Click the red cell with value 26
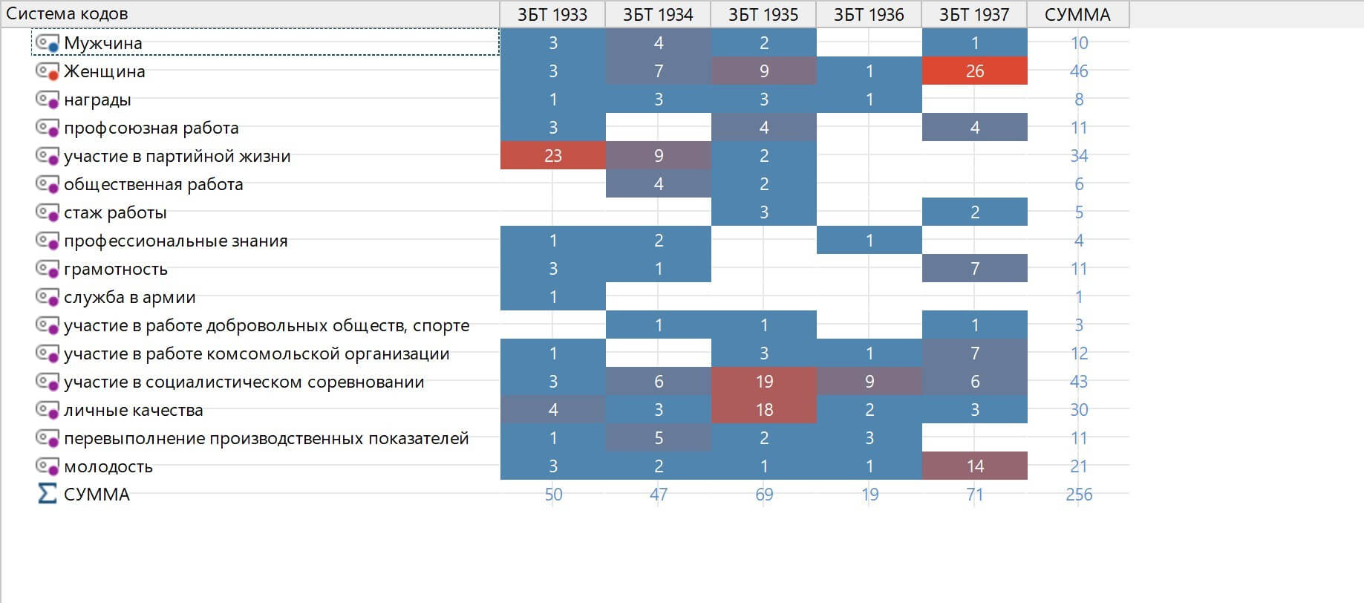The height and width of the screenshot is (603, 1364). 974,71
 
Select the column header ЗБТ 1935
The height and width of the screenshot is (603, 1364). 763,15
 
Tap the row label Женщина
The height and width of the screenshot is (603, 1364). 104,71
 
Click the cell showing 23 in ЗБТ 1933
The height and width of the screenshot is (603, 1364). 552,156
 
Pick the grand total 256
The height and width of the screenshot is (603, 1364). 1078,495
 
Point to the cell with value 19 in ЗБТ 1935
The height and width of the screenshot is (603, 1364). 763,382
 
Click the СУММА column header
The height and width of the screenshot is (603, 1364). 1077,15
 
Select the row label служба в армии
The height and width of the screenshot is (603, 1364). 129,297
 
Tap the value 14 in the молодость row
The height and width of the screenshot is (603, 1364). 974,466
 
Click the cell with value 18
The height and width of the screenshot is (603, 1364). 763,410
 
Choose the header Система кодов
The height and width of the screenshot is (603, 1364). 67,14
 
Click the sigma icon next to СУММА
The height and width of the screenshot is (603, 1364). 47,494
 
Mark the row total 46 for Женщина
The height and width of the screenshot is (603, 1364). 1078,71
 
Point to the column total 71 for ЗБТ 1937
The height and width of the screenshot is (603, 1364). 974,495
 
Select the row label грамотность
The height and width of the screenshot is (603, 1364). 115,269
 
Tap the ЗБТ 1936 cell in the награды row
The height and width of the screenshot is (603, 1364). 869,100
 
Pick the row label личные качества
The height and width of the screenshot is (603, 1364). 133,410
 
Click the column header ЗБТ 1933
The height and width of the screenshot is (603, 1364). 552,15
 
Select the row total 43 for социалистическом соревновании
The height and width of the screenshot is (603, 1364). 1078,382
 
